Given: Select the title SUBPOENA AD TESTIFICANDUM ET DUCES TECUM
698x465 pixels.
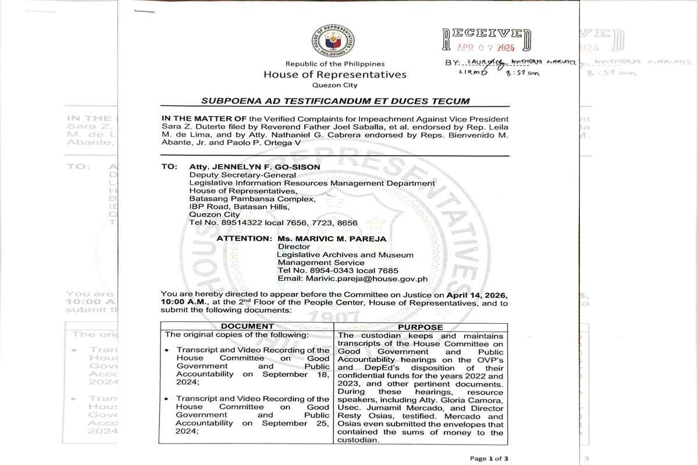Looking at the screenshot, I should (x=335, y=101).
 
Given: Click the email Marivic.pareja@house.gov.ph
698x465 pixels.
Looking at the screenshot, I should (x=352, y=278).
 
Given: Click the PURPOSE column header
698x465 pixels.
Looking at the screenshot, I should (x=421, y=327).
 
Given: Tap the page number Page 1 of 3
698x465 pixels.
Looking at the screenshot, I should (x=489, y=459).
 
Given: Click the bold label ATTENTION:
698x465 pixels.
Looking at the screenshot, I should (x=244, y=238).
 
